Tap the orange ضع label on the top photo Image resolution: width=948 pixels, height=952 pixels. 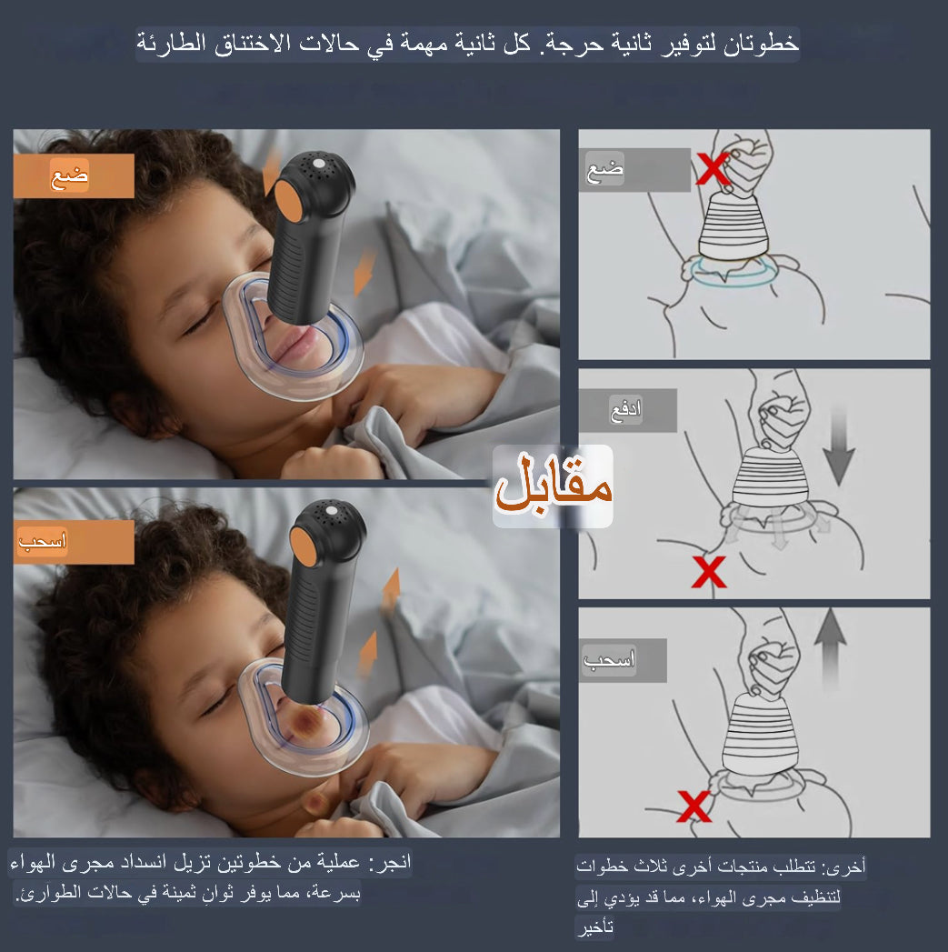pos(72,175)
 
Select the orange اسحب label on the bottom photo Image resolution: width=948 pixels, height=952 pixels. pos(43,542)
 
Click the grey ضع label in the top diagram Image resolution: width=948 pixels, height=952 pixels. pos(604,170)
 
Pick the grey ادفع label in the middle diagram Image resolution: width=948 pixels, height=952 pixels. pos(626,410)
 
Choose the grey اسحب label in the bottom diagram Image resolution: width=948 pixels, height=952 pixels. pos(609,660)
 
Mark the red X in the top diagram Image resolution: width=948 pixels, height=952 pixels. pos(713,169)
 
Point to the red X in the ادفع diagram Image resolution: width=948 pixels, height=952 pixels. pos(709,572)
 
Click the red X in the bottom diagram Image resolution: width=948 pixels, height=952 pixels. pos(694,806)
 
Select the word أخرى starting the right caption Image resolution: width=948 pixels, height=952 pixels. pos(850,867)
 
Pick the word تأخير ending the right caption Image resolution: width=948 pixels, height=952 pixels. pos(594,928)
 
